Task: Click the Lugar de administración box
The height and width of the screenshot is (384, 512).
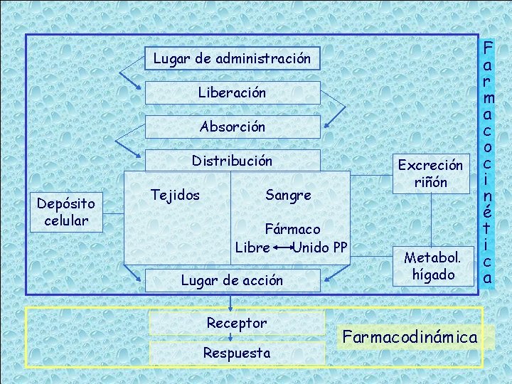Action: coord(232,58)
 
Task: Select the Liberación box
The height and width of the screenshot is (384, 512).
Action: coord(232,92)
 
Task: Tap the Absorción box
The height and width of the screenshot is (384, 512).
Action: coord(232,127)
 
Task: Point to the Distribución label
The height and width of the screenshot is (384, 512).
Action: coord(232,161)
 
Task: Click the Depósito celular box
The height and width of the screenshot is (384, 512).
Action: coord(66,211)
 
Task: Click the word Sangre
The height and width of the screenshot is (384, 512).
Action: coord(288,195)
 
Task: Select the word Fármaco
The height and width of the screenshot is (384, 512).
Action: coord(292,230)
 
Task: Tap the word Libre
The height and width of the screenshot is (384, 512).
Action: coord(252,248)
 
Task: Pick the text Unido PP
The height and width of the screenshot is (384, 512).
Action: coord(320,248)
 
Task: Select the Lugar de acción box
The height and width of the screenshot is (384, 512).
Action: coord(232,280)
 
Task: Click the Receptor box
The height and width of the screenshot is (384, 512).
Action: coord(237,323)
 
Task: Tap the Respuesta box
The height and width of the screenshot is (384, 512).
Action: coord(237,353)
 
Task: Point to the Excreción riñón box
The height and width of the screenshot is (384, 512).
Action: coord(430,173)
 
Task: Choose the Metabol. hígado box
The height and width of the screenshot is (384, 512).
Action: coord(433,265)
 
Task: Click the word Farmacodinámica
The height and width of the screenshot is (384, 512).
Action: coord(409,336)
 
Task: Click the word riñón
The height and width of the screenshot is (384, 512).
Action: coord(430,182)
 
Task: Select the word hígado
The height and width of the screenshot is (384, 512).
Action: coord(433,274)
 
